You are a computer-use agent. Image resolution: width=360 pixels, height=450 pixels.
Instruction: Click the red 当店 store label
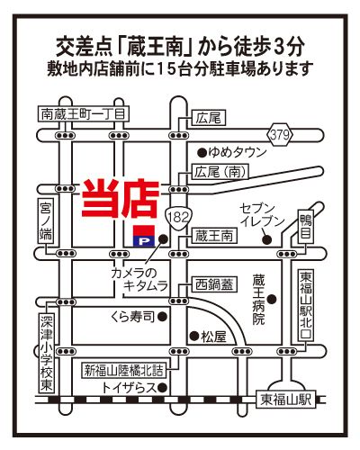(x=121, y=199)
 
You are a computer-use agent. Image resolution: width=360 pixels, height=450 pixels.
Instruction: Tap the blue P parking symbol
(x=144, y=240)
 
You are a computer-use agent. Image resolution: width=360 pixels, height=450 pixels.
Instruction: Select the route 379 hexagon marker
(x=280, y=134)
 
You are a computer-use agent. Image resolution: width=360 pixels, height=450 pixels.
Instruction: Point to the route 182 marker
(x=178, y=217)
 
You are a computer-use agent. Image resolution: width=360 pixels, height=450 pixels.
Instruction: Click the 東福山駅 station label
(x=286, y=400)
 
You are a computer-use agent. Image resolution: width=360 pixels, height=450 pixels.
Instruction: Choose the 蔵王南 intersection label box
(x=214, y=236)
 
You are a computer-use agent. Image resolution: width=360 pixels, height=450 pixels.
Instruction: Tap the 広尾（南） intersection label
(x=220, y=172)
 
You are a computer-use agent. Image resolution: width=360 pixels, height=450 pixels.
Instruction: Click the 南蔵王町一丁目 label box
(x=84, y=114)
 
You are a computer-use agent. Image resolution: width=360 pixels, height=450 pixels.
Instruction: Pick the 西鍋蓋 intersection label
(x=214, y=284)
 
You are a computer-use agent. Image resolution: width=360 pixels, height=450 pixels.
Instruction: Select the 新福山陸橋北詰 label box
(x=124, y=371)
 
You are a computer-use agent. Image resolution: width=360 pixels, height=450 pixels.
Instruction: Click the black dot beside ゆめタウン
(x=202, y=153)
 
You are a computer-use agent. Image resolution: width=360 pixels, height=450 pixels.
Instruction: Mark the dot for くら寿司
(x=162, y=316)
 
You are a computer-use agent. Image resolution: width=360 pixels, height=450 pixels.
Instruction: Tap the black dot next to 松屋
(x=195, y=336)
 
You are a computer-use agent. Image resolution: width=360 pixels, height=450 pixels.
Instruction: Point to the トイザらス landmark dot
(x=162, y=388)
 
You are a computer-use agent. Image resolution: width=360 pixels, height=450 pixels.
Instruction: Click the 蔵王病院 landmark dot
(x=272, y=299)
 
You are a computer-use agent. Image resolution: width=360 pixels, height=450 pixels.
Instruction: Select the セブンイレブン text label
(x=262, y=215)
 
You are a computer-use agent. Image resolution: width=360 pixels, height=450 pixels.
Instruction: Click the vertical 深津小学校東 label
(x=47, y=353)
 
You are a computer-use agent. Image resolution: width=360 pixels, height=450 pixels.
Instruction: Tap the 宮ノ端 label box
(x=46, y=220)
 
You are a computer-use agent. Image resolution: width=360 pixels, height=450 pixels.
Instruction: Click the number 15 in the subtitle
(x=165, y=69)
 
